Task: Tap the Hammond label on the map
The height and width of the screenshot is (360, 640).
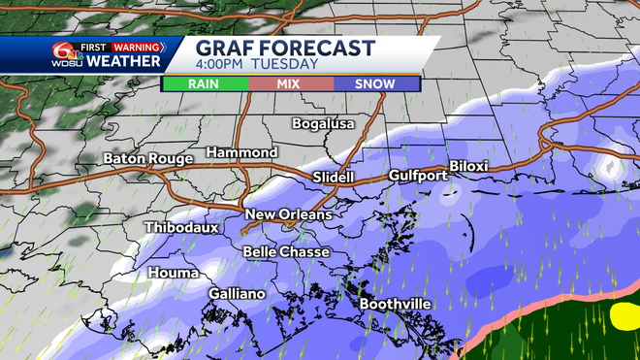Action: pos(241,153)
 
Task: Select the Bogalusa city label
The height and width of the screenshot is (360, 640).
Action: pos(324,123)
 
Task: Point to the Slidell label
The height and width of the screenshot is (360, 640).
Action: pos(335,178)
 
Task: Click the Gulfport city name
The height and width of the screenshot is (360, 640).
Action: pos(417,176)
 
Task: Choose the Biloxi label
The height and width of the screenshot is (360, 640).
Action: pos(469,167)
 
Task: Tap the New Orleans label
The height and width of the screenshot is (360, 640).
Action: pos(288,214)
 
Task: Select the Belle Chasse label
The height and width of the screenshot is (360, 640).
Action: pos(286,251)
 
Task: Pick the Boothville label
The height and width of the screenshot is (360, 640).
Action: pos(396,304)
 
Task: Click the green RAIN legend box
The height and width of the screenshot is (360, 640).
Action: pos(204,84)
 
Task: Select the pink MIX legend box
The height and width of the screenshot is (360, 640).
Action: pos(290,84)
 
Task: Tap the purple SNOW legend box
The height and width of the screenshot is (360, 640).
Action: pos(375,84)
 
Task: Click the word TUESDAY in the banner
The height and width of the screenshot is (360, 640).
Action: pos(286,65)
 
